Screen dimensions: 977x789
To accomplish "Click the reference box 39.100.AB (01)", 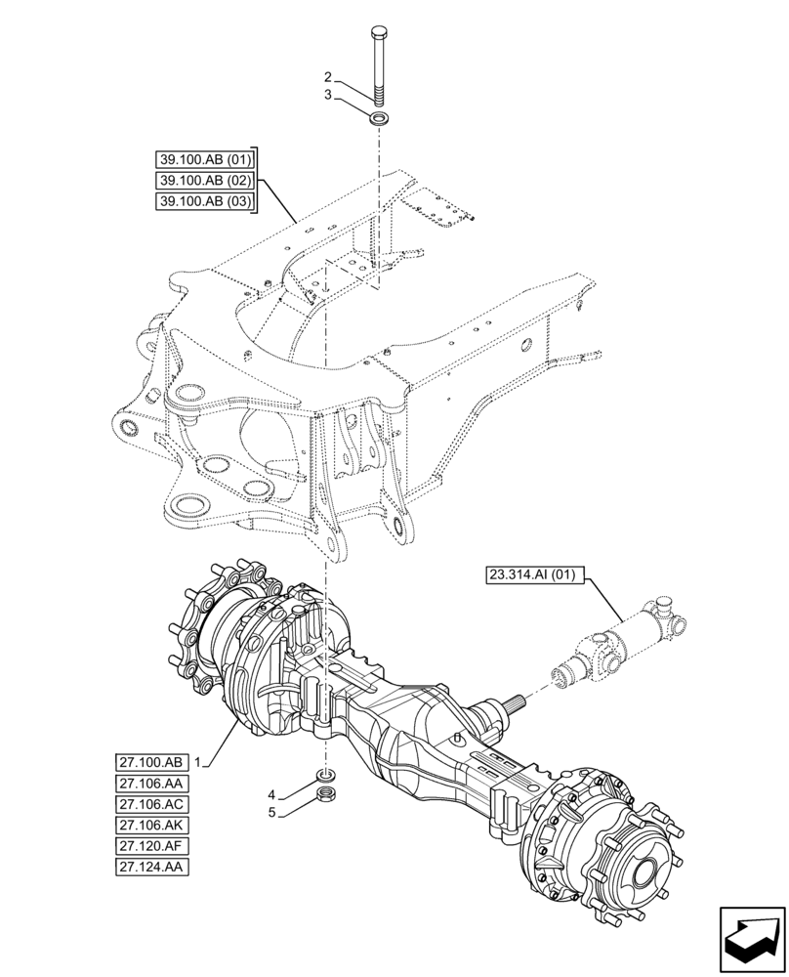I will (203, 159).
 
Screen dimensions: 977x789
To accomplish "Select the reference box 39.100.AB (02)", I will (203, 181).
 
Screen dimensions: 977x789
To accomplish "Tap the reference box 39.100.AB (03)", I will (203, 202).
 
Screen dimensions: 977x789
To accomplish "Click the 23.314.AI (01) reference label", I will (531, 577).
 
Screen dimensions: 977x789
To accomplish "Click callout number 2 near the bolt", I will (328, 77).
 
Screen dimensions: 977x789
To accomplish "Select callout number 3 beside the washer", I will (328, 95).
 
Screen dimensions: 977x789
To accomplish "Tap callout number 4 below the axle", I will (273, 794).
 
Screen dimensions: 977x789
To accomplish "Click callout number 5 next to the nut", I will (273, 812).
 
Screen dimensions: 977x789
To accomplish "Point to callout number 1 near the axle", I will (197, 761).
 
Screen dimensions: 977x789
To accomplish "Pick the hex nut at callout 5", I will (327, 794).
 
